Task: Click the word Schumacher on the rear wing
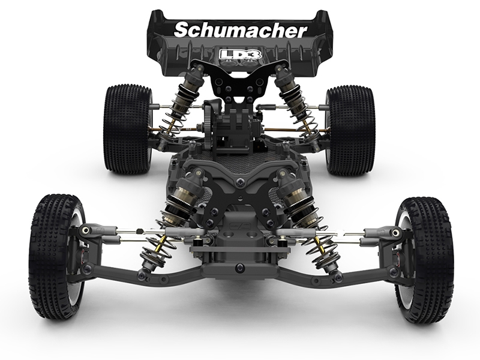point(241,31)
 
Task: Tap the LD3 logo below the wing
point(241,55)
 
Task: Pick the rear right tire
point(351,131)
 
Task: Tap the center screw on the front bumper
point(239,268)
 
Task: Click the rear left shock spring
point(173,113)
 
